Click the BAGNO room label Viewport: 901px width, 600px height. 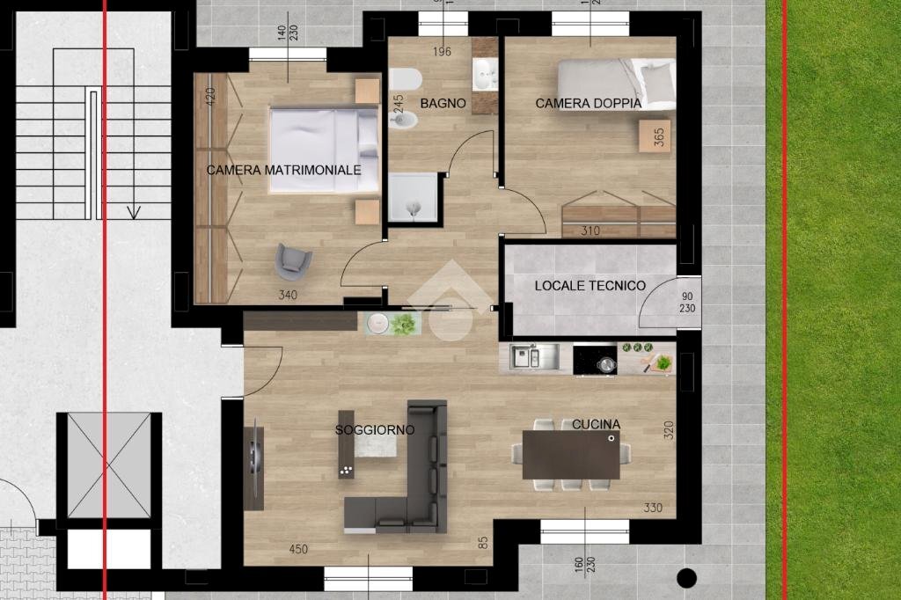click(443, 104)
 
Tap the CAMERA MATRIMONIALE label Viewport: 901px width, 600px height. click(284, 170)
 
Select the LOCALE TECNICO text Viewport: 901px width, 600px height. click(590, 286)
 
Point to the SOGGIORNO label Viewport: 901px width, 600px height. click(375, 430)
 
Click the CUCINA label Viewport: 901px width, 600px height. click(596, 425)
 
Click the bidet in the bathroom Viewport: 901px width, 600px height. click(405, 119)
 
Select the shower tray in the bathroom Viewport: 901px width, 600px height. click(414, 197)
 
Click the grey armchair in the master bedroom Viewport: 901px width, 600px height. click(294, 259)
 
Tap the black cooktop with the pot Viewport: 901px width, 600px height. click(595, 360)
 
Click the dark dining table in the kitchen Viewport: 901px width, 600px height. click(571, 455)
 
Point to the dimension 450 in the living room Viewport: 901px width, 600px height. click(298, 550)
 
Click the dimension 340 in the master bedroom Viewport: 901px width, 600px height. click(288, 296)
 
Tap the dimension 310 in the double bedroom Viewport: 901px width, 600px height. click(590, 231)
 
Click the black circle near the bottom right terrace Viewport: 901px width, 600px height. click(686, 578)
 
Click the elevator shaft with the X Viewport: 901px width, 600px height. click(109, 465)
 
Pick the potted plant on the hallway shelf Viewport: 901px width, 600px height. click(405, 324)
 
